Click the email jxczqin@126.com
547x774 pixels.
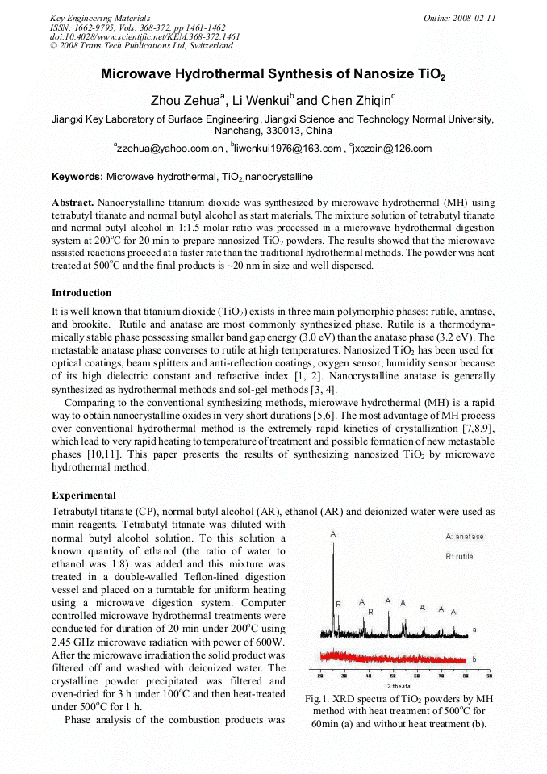(x=381, y=149)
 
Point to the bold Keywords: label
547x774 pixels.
(x=77, y=176)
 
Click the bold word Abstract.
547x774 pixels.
(x=73, y=203)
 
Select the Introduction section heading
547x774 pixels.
(x=81, y=292)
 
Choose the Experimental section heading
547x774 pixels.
(x=84, y=495)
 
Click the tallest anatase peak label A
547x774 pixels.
(x=333, y=534)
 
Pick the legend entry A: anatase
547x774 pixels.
(x=465, y=537)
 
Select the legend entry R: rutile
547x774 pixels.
(x=460, y=556)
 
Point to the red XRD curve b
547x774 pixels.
(x=387, y=655)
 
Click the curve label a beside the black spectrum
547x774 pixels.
(x=474, y=629)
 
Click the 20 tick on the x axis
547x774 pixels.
(x=320, y=675)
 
